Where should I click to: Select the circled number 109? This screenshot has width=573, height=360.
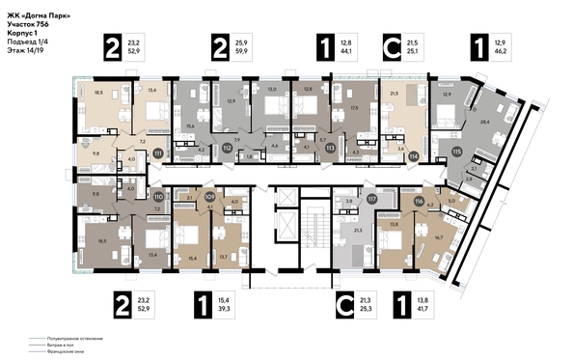tap(209, 196)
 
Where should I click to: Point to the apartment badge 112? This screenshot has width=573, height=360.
tap(228, 148)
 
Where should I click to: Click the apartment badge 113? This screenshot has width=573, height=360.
tap(330, 148)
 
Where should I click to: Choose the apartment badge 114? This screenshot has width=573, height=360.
tap(414, 154)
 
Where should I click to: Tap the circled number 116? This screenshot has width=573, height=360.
tap(420, 202)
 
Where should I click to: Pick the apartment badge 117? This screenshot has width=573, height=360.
tap(370, 200)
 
